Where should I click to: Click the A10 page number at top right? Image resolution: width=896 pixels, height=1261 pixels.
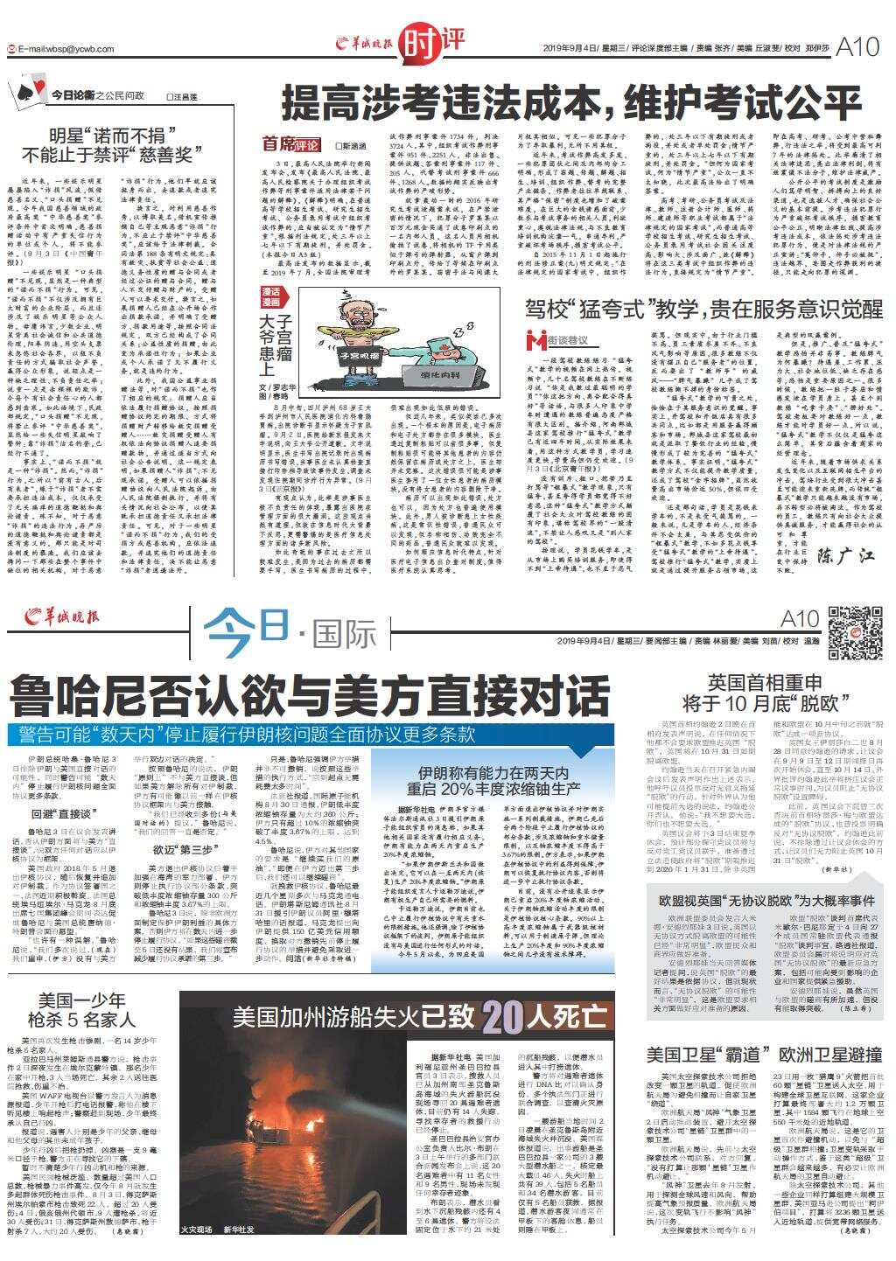857,47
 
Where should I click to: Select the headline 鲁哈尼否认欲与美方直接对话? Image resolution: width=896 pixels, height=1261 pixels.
310,697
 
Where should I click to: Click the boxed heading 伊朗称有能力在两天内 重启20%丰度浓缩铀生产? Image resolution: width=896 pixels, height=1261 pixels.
494,780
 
